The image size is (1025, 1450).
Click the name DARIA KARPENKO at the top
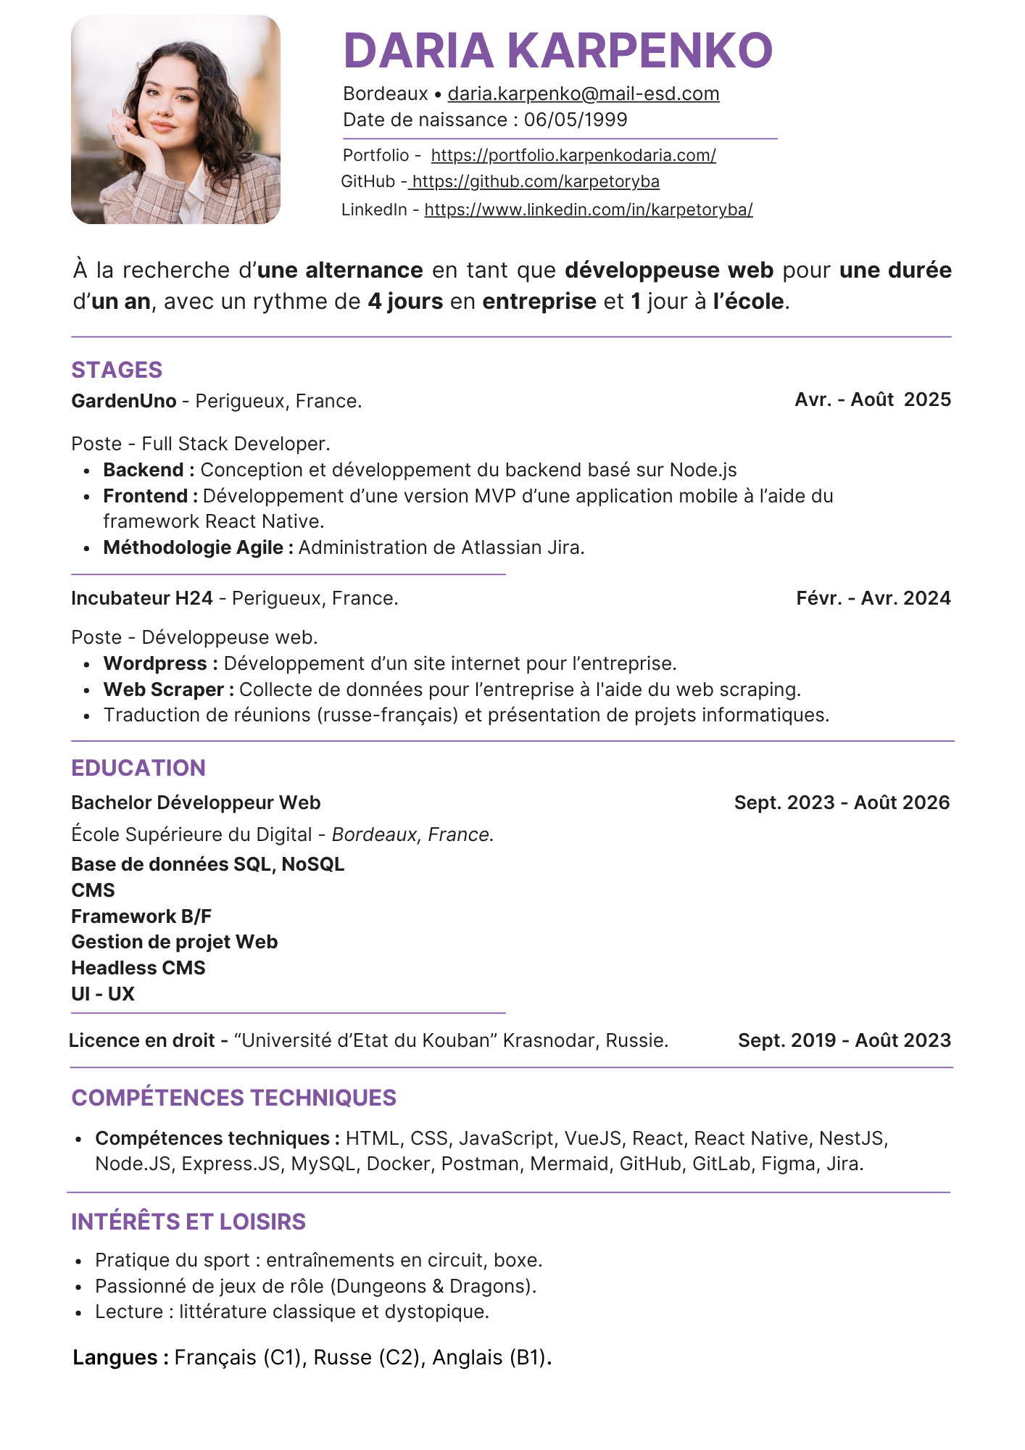tap(557, 51)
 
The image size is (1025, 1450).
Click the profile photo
tap(175, 120)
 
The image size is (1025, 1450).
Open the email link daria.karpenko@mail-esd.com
tap(583, 94)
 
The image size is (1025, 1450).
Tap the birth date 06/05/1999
tap(576, 120)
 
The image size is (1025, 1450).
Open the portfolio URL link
tap(573, 155)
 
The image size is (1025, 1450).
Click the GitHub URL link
tap(535, 181)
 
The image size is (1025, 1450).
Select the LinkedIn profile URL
tap(588, 210)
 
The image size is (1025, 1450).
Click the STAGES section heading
tap(117, 370)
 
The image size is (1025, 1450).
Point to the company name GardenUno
tap(124, 401)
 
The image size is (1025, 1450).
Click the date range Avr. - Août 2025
tap(872, 399)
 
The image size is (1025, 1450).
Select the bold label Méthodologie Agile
tap(194, 547)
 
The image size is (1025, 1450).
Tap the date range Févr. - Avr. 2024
tap(873, 598)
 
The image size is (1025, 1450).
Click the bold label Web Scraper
tap(164, 689)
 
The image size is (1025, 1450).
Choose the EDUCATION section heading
tap(138, 768)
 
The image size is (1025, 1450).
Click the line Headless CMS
tap(138, 968)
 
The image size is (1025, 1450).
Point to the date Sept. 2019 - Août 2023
tap(844, 1040)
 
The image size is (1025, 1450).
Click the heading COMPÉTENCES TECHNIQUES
tap(233, 1098)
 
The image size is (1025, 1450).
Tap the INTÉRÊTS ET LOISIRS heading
tap(188, 1222)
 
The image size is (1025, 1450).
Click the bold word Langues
tap(115, 1357)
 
